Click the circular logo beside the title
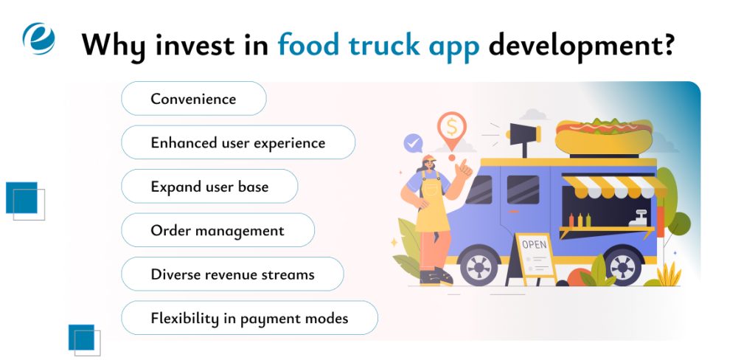[38, 39]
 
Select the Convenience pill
[193, 99]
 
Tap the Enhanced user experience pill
[238, 142]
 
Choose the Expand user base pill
[209, 187]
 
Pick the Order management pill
[218, 230]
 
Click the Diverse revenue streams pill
[232, 274]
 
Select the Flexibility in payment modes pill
[249, 318]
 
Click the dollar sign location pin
[450, 127]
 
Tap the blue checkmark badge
[413, 142]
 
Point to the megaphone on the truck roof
[524, 136]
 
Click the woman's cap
[430, 160]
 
